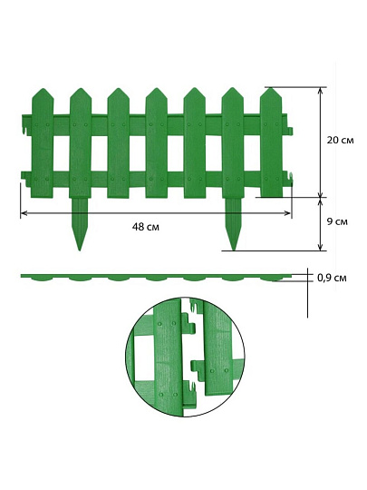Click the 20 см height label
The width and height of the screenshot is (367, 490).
click(x=340, y=140)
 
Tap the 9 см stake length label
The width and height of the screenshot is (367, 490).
click(x=337, y=222)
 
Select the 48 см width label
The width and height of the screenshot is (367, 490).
click(x=145, y=227)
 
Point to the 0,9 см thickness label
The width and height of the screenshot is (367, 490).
click(x=332, y=278)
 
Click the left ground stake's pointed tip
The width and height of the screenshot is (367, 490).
click(x=80, y=250)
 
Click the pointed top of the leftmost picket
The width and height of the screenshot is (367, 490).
click(x=43, y=89)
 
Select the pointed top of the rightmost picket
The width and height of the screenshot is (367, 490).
click(x=271, y=88)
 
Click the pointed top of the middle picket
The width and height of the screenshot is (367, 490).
click(x=157, y=88)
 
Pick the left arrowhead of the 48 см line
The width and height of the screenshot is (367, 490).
click(x=23, y=213)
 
